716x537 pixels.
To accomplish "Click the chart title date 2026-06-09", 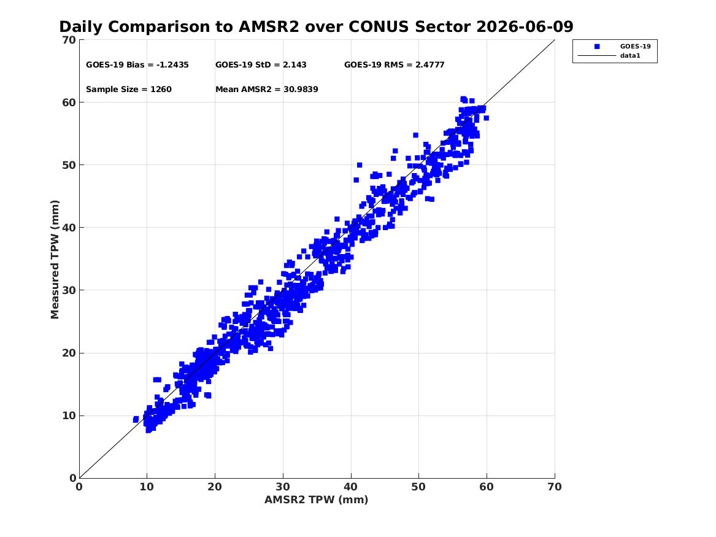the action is (525, 26).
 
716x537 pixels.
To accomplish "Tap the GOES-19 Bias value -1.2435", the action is (172, 65).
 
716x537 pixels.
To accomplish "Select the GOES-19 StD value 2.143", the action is (294, 65).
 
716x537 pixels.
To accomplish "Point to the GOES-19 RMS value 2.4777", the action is (429, 65).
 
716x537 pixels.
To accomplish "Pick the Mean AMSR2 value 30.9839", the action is (301, 90).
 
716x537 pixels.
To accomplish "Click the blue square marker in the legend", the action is (597, 47).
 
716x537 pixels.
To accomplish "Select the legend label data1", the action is (630, 56).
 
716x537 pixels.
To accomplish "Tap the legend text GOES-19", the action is (635, 46).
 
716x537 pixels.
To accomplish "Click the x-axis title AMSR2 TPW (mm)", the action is (317, 500).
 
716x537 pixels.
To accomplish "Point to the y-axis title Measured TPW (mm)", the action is (55, 260).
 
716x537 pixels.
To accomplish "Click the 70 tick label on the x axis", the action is (555, 487).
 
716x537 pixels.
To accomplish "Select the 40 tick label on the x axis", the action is (351, 487).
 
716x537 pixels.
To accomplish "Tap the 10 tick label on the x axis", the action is (147, 487).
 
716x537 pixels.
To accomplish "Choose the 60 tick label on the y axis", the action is (69, 102).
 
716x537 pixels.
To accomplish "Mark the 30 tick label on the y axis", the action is (69, 290).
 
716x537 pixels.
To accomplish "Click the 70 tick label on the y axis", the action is (69, 40).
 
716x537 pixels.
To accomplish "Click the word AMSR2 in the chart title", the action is (269, 26).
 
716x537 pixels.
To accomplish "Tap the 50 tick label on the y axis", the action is (69, 165).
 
